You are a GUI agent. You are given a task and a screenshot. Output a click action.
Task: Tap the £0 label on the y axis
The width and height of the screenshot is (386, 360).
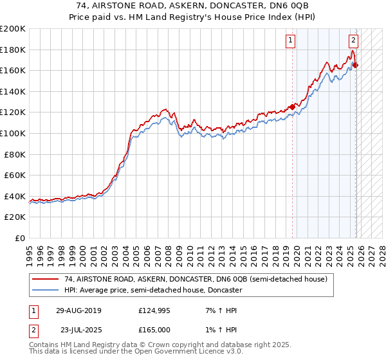pyautogui.click(x=20, y=239)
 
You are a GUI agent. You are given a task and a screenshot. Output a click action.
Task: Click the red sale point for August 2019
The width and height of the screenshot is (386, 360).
pyautogui.click(x=292, y=107)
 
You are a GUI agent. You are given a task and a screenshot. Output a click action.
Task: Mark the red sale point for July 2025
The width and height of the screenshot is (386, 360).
pyautogui.click(x=356, y=65)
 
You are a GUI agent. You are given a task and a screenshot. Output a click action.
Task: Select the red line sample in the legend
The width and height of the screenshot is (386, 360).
pyautogui.click(x=46, y=279)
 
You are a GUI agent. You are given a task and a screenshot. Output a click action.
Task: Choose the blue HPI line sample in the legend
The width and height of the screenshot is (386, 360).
pyautogui.click(x=46, y=291)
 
